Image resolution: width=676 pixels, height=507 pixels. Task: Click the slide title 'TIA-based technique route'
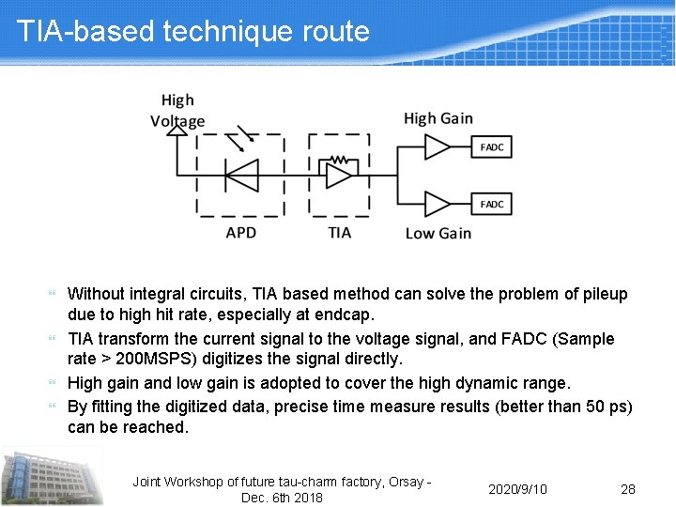(x=193, y=31)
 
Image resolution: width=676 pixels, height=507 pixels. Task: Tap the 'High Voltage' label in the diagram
(x=177, y=110)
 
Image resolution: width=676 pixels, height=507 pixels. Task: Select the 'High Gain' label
(x=438, y=118)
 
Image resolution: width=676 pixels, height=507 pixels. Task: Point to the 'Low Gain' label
(x=438, y=233)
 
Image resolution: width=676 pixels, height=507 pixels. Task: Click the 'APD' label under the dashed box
(x=241, y=232)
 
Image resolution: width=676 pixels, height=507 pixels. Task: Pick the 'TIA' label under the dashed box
(x=340, y=232)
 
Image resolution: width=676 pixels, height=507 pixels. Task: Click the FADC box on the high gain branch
(x=492, y=147)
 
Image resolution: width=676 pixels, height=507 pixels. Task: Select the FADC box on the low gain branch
(x=492, y=204)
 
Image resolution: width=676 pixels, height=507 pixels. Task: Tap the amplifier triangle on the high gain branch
(x=438, y=147)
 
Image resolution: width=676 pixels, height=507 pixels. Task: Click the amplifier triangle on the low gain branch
(x=438, y=204)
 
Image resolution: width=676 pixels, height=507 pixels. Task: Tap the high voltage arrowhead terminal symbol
(x=175, y=131)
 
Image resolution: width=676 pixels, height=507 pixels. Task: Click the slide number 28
(x=628, y=489)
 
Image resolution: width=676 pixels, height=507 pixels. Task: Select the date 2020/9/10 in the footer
(x=517, y=489)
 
